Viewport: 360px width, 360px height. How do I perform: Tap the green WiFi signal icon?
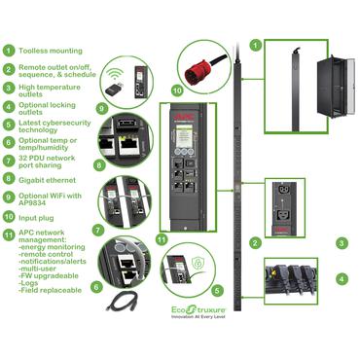(116, 72)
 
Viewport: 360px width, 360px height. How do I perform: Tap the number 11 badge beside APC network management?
(9, 233)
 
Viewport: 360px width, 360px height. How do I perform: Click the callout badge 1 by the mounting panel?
(255, 44)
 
